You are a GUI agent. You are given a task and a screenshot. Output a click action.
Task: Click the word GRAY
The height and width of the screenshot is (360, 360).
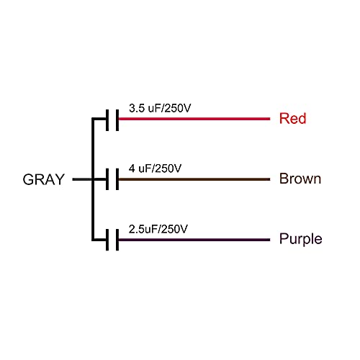pyautogui.click(x=44, y=179)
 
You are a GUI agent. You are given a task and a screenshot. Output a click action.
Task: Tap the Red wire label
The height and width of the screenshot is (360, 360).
pyautogui.click(x=293, y=118)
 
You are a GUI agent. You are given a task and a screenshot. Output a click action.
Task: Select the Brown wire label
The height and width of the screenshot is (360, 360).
pyautogui.click(x=300, y=179)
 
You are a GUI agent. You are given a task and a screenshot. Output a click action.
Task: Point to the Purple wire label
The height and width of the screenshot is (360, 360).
pyautogui.click(x=300, y=239)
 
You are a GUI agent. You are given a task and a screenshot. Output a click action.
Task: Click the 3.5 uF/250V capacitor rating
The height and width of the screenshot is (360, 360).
pyautogui.click(x=160, y=108)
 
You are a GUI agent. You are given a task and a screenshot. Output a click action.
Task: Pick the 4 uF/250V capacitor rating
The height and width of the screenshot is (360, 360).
pyautogui.click(x=155, y=168)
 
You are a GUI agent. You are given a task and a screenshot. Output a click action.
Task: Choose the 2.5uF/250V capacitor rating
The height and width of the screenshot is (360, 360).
pyautogui.click(x=158, y=229)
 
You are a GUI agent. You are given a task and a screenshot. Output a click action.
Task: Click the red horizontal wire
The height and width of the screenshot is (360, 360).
pyautogui.click(x=194, y=119)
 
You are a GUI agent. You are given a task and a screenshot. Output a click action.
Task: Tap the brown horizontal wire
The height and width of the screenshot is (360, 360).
pyautogui.click(x=194, y=179)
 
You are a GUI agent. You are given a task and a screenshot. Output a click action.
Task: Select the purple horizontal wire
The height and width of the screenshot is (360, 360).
pyautogui.click(x=194, y=240)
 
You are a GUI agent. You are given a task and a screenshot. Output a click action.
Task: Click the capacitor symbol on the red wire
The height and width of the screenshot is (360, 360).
pyautogui.click(x=112, y=120)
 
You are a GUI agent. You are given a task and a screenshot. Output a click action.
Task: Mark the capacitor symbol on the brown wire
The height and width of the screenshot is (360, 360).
pyautogui.click(x=112, y=179)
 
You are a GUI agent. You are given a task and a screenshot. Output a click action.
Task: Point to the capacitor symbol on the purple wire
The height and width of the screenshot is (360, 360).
pyautogui.click(x=112, y=240)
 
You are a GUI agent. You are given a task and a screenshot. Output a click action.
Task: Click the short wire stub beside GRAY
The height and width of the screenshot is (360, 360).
pyautogui.click(x=82, y=179)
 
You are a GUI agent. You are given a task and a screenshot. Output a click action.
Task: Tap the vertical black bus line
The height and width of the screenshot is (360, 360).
pyautogui.click(x=93, y=179)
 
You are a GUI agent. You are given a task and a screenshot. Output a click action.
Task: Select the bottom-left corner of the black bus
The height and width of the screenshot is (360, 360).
pyautogui.click(x=92, y=240)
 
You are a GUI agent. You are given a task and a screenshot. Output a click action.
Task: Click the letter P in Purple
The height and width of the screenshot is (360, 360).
pyautogui.click(x=284, y=238)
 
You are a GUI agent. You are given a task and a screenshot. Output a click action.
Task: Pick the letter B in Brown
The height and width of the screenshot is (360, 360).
pyautogui.click(x=284, y=179)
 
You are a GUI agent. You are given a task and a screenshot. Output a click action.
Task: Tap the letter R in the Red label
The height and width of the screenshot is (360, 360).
pyautogui.click(x=284, y=118)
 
